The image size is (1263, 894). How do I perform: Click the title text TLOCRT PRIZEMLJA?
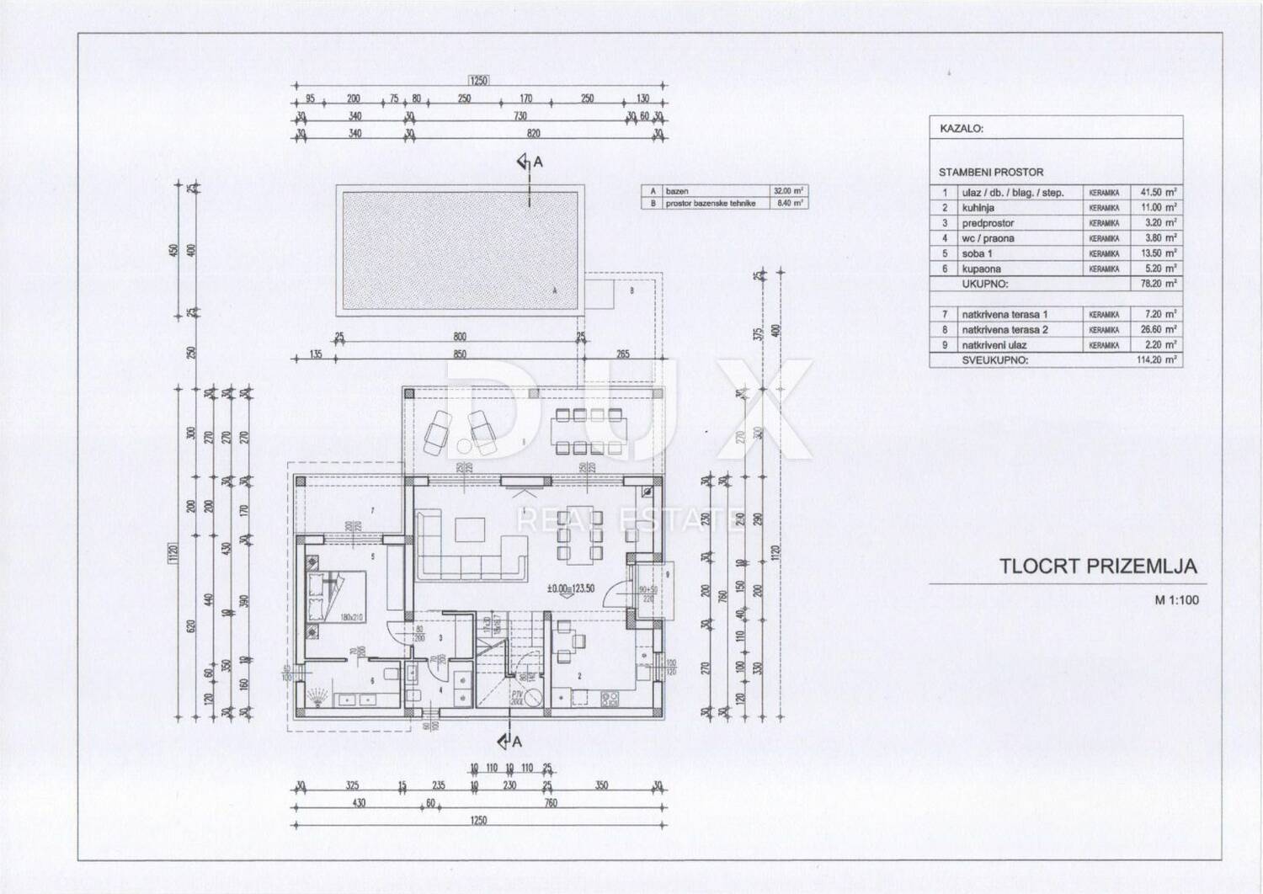[x=1098, y=567]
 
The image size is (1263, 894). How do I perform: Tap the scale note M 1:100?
[x=1176, y=600]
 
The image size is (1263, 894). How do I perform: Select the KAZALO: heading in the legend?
[x=961, y=130]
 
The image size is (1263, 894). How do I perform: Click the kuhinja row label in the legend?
[x=978, y=207]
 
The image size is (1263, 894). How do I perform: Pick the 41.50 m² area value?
[x=1158, y=192]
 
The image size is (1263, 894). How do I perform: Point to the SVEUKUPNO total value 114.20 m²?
[x=1158, y=359]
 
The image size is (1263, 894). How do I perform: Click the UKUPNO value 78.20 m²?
[x=1158, y=284]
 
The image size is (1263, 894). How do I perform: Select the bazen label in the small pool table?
[x=677, y=191]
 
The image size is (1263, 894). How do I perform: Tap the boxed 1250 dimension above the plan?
[x=478, y=81]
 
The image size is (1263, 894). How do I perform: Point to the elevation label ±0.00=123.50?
[x=571, y=588]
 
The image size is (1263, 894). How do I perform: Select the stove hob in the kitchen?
[x=611, y=698]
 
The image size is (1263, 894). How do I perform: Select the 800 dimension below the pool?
[x=460, y=337]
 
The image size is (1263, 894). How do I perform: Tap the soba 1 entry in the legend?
[x=977, y=253]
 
